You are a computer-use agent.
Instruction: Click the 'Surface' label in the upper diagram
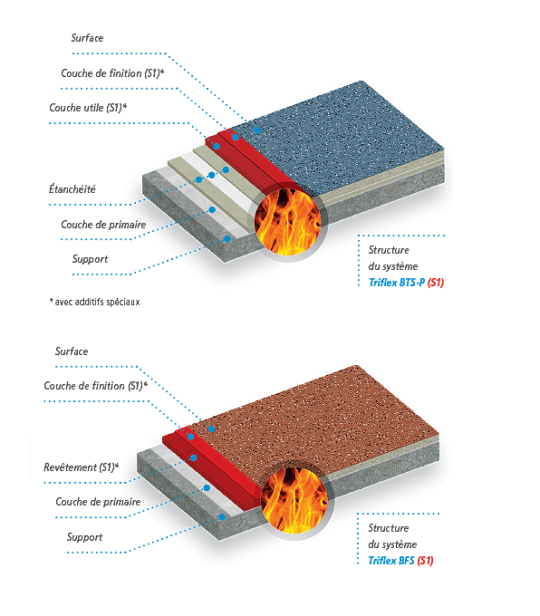click(87, 38)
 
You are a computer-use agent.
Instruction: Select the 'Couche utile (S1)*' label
click(88, 108)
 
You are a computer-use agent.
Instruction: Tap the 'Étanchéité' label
click(72, 189)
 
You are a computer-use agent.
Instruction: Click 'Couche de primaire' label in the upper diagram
click(103, 225)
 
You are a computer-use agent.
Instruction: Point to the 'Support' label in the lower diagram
click(84, 537)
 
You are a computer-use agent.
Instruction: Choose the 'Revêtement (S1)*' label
click(82, 467)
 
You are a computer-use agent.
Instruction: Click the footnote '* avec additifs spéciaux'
click(95, 302)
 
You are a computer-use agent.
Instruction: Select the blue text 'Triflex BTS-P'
click(397, 283)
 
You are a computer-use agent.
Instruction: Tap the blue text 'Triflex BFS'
click(391, 561)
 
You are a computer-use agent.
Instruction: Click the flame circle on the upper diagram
click(288, 222)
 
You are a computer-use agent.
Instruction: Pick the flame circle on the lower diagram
click(294, 500)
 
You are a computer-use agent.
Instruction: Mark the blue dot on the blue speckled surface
click(257, 130)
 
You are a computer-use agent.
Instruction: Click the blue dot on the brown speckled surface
click(211, 429)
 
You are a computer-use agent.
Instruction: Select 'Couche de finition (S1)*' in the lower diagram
click(96, 386)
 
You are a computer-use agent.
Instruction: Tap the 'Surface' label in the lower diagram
click(72, 351)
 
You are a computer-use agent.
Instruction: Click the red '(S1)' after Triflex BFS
click(425, 561)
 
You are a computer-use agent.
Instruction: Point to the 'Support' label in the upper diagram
click(90, 259)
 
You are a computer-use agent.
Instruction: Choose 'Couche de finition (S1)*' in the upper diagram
click(112, 73)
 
